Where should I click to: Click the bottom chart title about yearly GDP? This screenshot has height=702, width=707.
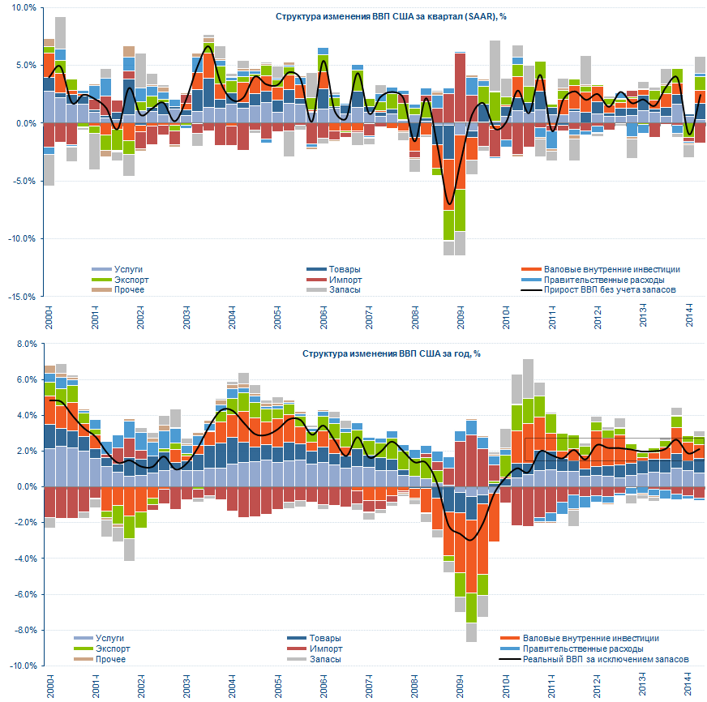pos(391,353)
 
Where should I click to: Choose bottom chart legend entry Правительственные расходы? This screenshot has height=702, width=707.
pos(584,648)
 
